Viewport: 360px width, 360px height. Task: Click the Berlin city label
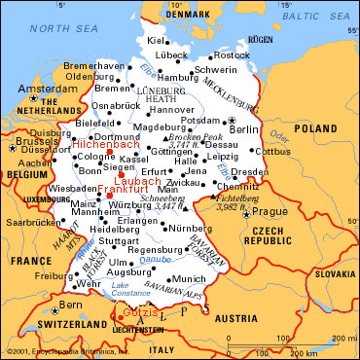click(244, 128)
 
